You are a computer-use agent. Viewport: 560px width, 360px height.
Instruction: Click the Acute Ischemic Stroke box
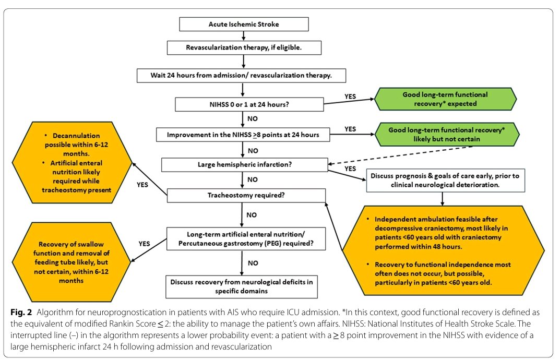[244, 24]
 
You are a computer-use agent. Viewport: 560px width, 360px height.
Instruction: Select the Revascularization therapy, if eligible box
[244, 47]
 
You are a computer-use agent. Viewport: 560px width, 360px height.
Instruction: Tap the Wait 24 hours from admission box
[241, 75]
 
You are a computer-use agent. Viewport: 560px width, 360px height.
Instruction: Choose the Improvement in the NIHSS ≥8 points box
[244, 135]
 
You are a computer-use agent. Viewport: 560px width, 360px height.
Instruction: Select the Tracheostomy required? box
[246, 195]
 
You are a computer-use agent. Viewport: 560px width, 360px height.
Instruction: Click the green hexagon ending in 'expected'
[444, 99]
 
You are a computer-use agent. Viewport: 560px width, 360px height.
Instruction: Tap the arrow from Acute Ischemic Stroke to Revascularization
[244, 35]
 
